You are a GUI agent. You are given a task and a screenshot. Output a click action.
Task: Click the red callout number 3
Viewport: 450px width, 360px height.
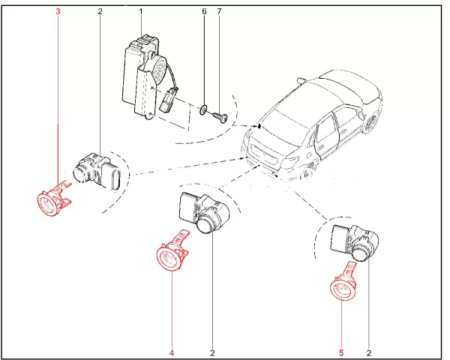click(x=58, y=11)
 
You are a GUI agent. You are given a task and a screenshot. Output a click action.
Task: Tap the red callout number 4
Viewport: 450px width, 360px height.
click(x=171, y=352)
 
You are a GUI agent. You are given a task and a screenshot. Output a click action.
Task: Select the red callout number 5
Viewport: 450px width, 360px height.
click(x=341, y=352)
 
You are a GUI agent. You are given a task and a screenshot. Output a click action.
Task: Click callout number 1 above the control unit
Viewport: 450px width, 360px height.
click(x=141, y=11)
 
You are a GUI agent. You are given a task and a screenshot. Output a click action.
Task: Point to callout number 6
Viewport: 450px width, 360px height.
click(x=204, y=11)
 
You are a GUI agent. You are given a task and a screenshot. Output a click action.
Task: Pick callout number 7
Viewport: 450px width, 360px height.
click(x=219, y=11)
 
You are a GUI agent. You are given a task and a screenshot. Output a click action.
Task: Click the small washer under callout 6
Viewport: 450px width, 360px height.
click(x=203, y=109)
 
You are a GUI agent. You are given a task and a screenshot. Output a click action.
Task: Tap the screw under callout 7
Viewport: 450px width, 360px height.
click(x=220, y=117)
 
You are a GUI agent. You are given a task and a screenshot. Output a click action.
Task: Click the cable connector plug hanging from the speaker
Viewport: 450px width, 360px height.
click(x=167, y=100)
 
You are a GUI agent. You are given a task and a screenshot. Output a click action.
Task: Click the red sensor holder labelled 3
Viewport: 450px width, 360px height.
click(x=54, y=198)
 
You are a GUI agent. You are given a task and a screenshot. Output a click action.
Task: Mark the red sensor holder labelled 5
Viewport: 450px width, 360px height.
click(x=343, y=283)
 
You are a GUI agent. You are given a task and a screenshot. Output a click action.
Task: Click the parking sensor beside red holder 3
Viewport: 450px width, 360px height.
click(x=97, y=172)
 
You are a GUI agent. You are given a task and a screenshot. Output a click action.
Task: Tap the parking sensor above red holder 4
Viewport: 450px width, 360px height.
click(x=203, y=213)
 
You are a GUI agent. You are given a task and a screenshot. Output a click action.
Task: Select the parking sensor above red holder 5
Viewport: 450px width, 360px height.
click(x=355, y=243)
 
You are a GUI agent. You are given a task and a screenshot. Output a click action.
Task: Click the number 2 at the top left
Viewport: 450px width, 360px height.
click(x=100, y=11)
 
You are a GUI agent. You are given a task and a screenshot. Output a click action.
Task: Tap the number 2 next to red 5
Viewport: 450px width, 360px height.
click(x=369, y=352)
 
